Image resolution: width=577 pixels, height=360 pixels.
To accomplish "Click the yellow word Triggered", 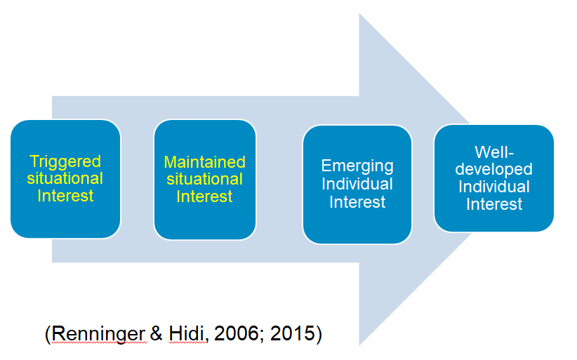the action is tap(65, 162).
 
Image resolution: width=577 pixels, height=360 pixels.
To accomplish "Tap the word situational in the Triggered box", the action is tap(65, 178).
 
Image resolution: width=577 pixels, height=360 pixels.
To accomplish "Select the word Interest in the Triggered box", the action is tap(65, 196).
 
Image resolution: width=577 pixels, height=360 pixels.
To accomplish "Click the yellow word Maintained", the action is tap(204, 162).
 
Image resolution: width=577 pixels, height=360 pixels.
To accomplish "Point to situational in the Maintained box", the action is tap(204, 179).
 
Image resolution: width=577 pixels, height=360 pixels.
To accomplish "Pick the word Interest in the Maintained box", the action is tap(204, 196).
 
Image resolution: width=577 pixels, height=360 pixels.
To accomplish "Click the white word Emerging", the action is tap(357, 166).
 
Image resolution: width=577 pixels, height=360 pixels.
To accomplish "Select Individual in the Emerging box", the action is tap(357, 184).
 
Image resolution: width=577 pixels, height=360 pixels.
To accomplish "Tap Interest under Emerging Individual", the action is tap(357, 202).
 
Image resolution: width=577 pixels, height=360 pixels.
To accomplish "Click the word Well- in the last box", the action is tap(494, 152).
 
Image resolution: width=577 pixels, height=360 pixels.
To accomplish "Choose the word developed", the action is tap(494, 170).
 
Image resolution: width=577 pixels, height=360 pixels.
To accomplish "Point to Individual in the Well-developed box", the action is tap(494, 187).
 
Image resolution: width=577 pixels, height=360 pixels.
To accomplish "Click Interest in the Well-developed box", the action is tap(494, 204).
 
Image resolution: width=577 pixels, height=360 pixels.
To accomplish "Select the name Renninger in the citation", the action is tap(98, 334).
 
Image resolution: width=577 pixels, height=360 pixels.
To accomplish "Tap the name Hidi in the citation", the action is tap(186, 333).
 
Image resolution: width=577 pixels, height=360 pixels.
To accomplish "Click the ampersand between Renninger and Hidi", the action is tap(157, 333).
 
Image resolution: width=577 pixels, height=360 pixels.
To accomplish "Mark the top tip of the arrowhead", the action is tap(359, 13).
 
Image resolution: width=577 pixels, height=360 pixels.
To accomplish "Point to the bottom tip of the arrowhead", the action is tap(359, 346).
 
